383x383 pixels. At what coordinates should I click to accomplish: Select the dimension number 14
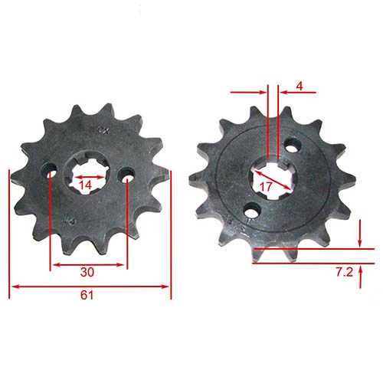(87, 185)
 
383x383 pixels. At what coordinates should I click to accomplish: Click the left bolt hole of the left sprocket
(51, 175)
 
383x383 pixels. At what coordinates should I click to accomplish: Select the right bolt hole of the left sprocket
(125, 175)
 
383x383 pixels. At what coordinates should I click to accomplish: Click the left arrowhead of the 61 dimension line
(12, 287)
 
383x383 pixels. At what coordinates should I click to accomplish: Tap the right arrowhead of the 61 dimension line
(168, 287)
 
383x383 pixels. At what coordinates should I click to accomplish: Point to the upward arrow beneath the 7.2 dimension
(361, 270)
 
